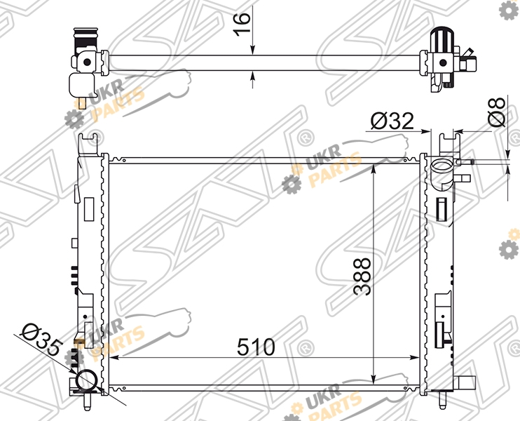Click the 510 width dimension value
tap(256, 347)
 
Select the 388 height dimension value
tap(362, 276)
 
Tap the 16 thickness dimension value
tap(242, 23)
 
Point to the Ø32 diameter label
tap(392, 121)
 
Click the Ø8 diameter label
tap(496, 112)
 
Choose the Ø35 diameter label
tap(41, 342)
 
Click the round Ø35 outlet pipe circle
tap(87, 380)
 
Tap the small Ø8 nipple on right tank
tap(465, 162)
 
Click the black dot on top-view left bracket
tap(87, 62)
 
